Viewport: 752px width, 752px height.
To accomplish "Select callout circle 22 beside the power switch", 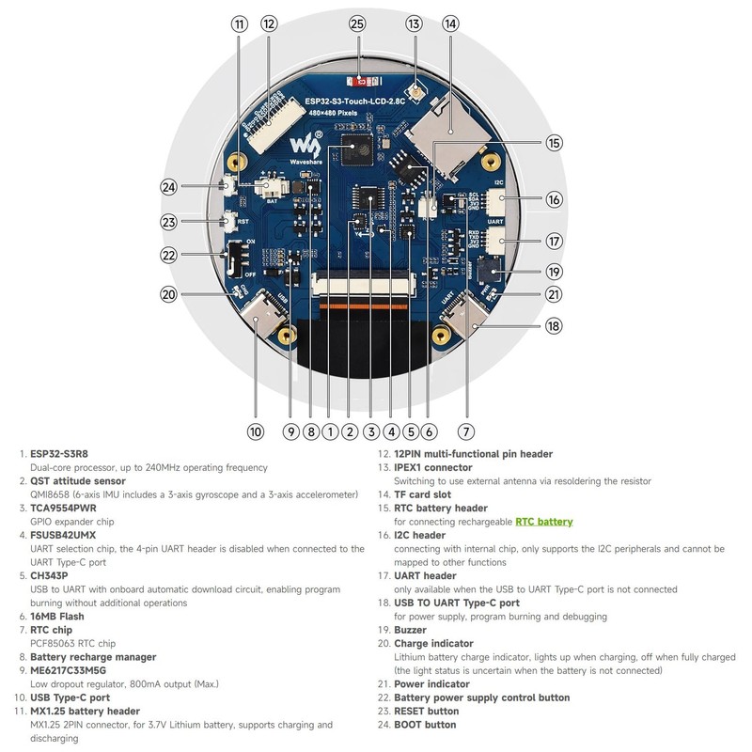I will pos(169,255).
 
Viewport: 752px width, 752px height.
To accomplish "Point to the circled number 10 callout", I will pos(256,432).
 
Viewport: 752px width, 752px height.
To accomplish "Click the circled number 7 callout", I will pos(465,432).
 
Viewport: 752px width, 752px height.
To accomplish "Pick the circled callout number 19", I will pos(554,272).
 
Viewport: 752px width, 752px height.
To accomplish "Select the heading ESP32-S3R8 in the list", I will pos(59,453).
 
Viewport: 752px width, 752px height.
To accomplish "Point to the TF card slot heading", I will pos(422,494).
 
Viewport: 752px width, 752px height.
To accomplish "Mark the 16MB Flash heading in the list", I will pos(57,617).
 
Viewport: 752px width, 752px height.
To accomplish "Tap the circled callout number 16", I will pos(554,199).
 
